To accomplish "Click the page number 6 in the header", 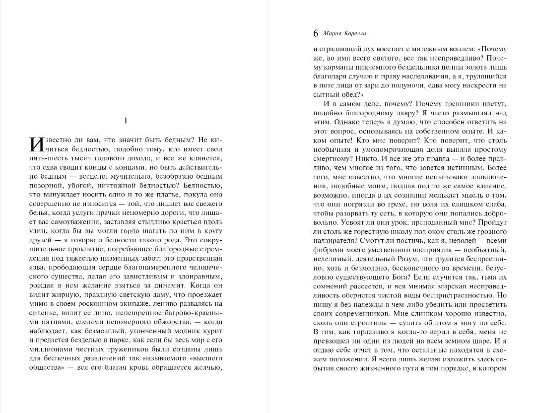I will (316, 34).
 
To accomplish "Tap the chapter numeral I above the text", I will (126, 121).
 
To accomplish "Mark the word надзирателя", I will (331, 240).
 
